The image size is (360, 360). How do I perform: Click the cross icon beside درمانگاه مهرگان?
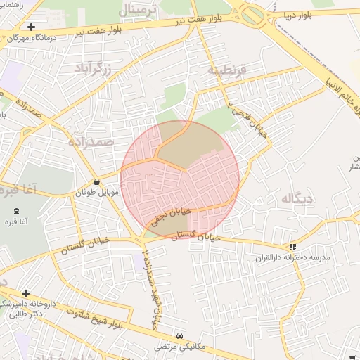pos(32,27)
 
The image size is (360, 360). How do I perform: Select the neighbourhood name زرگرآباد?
pos(101,67)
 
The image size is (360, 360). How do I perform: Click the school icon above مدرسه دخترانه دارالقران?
pos(292,247)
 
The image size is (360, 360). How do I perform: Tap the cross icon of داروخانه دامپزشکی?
pos(26,293)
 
